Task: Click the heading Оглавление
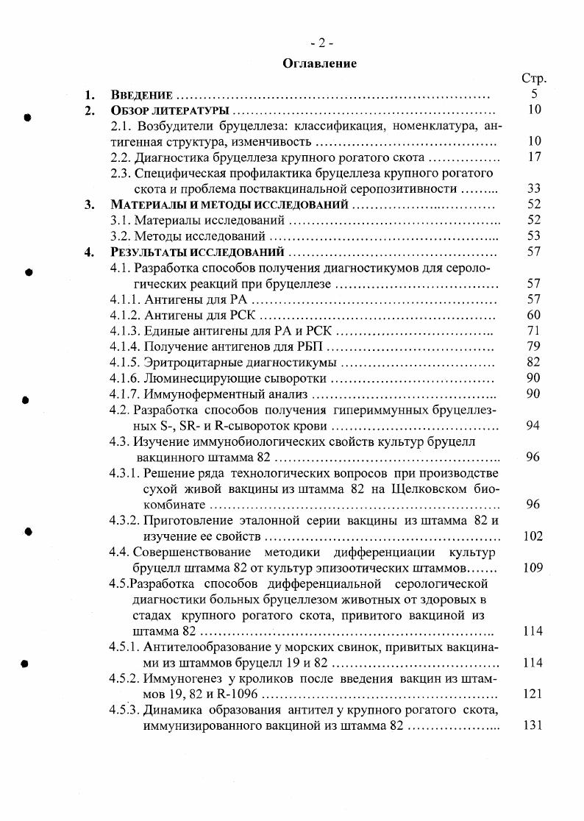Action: (320, 63)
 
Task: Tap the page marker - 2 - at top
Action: (321, 43)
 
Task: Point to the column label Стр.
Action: (533, 79)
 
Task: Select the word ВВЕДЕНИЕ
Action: (141, 95)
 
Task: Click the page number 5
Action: (535, 95)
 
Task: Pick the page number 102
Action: (533, 536)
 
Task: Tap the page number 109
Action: (533, 568)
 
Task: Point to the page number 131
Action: (533, 725)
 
